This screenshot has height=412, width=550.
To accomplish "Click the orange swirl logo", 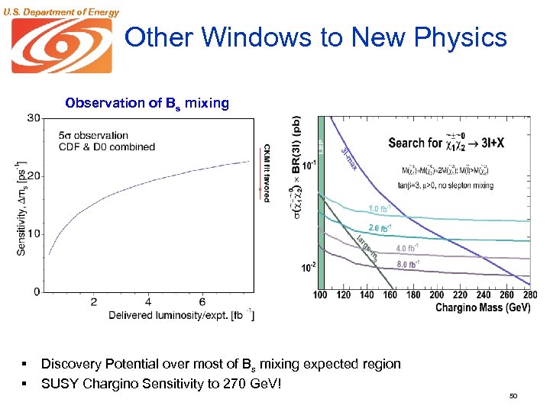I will pos(61,45).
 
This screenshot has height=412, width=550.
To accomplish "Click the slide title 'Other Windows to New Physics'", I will pos(315,37).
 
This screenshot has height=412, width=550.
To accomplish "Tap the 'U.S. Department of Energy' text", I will pos(60,11).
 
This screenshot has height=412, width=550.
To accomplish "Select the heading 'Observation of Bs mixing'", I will pos(147,103).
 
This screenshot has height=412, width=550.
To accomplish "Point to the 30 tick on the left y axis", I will pos(34,117).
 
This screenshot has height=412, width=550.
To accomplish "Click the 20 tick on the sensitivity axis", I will pos(34,175).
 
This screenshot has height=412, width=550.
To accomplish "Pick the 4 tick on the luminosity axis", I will pos(147,302).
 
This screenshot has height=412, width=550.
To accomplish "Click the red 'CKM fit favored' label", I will pos(267,172).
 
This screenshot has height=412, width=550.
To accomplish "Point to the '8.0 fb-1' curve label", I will pos(406,265).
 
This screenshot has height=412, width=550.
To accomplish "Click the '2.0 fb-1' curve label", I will pos(381,228).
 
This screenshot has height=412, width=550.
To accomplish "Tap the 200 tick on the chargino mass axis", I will pos(436,295).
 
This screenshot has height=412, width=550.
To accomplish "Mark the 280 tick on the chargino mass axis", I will pos(529,295).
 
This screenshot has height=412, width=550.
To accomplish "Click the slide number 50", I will pos(513,397).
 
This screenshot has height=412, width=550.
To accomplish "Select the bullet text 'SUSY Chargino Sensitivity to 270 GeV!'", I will pos(161,382).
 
